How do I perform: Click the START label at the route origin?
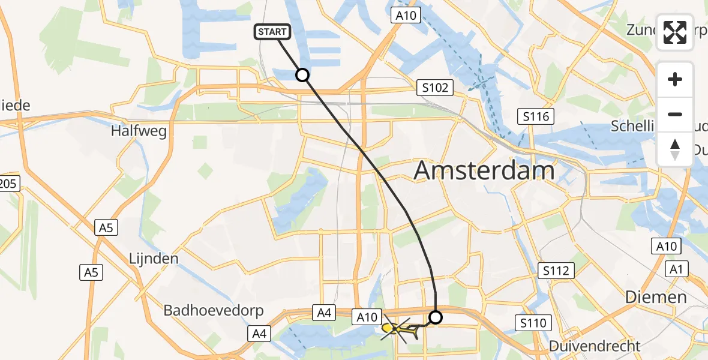(x=274, y=32)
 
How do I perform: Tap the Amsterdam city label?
(x=484, y=171)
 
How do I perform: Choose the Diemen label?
(x=656, y=297)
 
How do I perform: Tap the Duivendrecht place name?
(x=595, y=346)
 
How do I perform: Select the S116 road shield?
(x=536, y=116)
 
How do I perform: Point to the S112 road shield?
(x=556, y=271)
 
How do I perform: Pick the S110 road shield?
(x=533, y=324)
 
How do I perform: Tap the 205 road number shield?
(x=9, y=184)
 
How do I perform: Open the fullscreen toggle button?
(x=675, y=32)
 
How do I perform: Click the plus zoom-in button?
(x=675, y=79)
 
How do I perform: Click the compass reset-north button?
(x=675, y=149)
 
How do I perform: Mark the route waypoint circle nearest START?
(x=302, y=75)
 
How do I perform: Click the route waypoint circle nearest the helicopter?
(x=436, y=317)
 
